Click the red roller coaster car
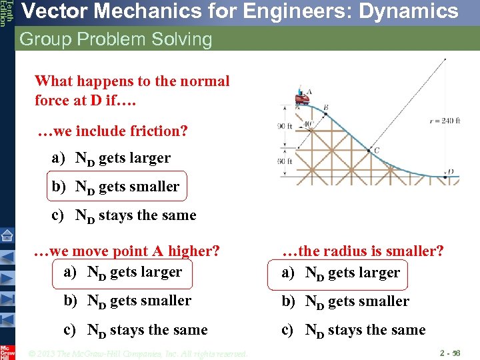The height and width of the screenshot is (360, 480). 303,99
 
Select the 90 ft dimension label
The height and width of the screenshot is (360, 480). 285,127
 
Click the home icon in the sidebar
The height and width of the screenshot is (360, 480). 7,235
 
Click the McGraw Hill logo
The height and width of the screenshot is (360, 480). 7,351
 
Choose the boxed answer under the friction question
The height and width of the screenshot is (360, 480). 116,187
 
